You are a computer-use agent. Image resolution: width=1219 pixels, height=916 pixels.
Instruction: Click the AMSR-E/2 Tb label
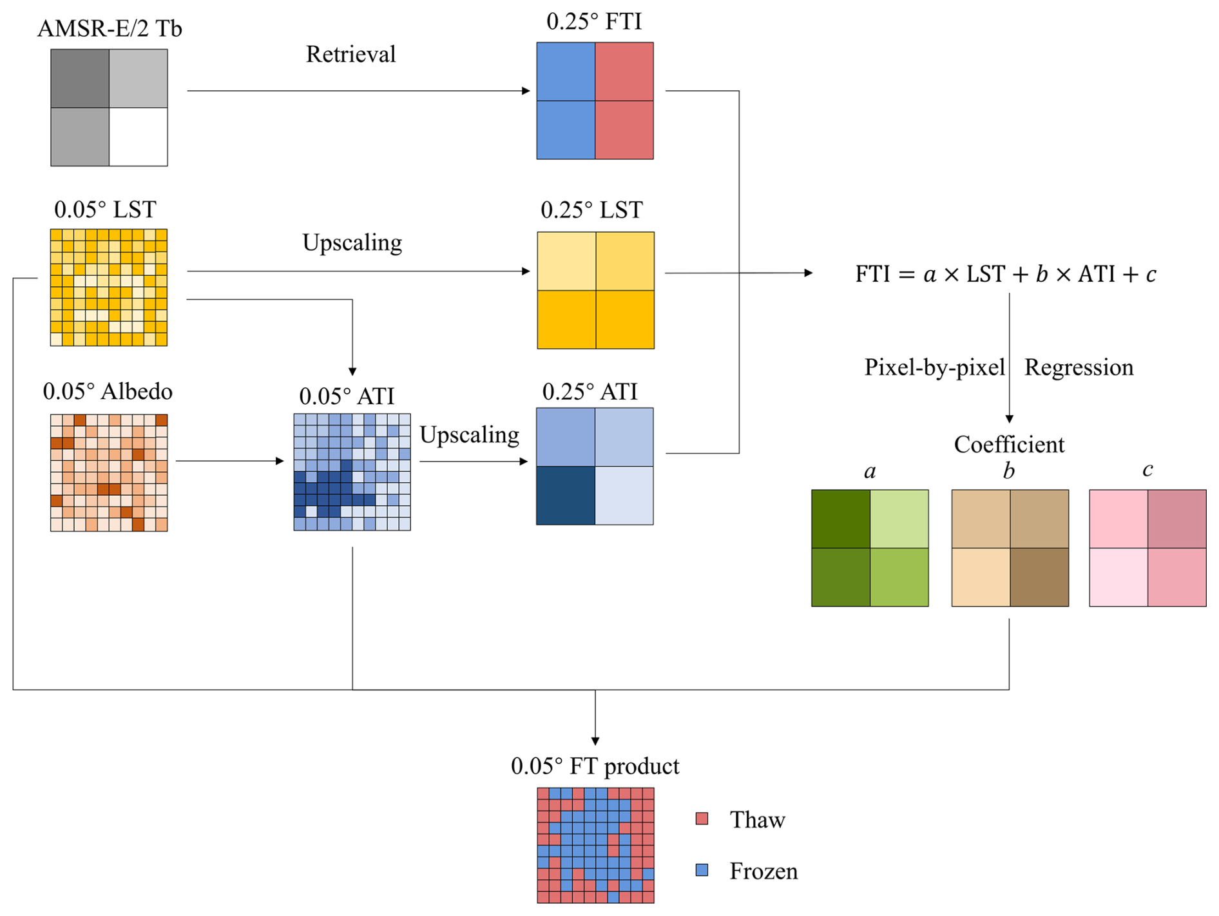tap(110, 29)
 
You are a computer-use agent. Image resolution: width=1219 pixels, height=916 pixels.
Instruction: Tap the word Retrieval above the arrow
tap(350, 54)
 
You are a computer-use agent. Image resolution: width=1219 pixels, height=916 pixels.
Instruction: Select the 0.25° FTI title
tap(594, 22)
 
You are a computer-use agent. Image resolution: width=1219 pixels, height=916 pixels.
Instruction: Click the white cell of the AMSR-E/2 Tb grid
tap(139, 137)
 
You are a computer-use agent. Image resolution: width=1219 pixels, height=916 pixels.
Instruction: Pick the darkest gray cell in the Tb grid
tap(80, 79)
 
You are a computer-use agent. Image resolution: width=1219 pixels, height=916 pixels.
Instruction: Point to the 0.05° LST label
tap(105, 210)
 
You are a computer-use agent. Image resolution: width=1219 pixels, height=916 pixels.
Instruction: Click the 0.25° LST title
tap(591, 210)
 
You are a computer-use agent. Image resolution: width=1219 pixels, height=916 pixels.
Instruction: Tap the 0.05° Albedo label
tap(108, 391)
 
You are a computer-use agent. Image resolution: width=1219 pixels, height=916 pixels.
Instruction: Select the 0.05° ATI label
tap(347, 396)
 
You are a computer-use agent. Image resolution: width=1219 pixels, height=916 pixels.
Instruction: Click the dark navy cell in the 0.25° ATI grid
tap(566, 495)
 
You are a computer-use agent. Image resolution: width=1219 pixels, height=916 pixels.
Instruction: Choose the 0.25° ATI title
tap(590, 391)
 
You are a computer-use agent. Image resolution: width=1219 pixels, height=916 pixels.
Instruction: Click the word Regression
tap(1079, 367)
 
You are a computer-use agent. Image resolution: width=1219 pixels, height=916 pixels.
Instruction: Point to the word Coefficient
tap(1009, 444)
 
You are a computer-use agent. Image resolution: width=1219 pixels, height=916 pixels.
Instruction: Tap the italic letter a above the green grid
tap(870, 472)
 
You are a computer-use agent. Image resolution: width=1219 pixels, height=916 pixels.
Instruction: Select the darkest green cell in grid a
tap(841, 519)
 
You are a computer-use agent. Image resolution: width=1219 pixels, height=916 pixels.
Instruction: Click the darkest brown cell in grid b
tap(1039, 577)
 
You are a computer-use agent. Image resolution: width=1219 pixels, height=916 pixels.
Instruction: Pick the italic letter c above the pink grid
tap(1147, 470)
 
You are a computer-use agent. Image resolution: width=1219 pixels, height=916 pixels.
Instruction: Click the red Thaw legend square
tap(702, 819)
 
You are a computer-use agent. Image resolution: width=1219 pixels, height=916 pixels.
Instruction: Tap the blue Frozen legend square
tap(702, 870)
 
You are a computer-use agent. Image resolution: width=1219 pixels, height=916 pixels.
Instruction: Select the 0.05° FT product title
tap(595, 766)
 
